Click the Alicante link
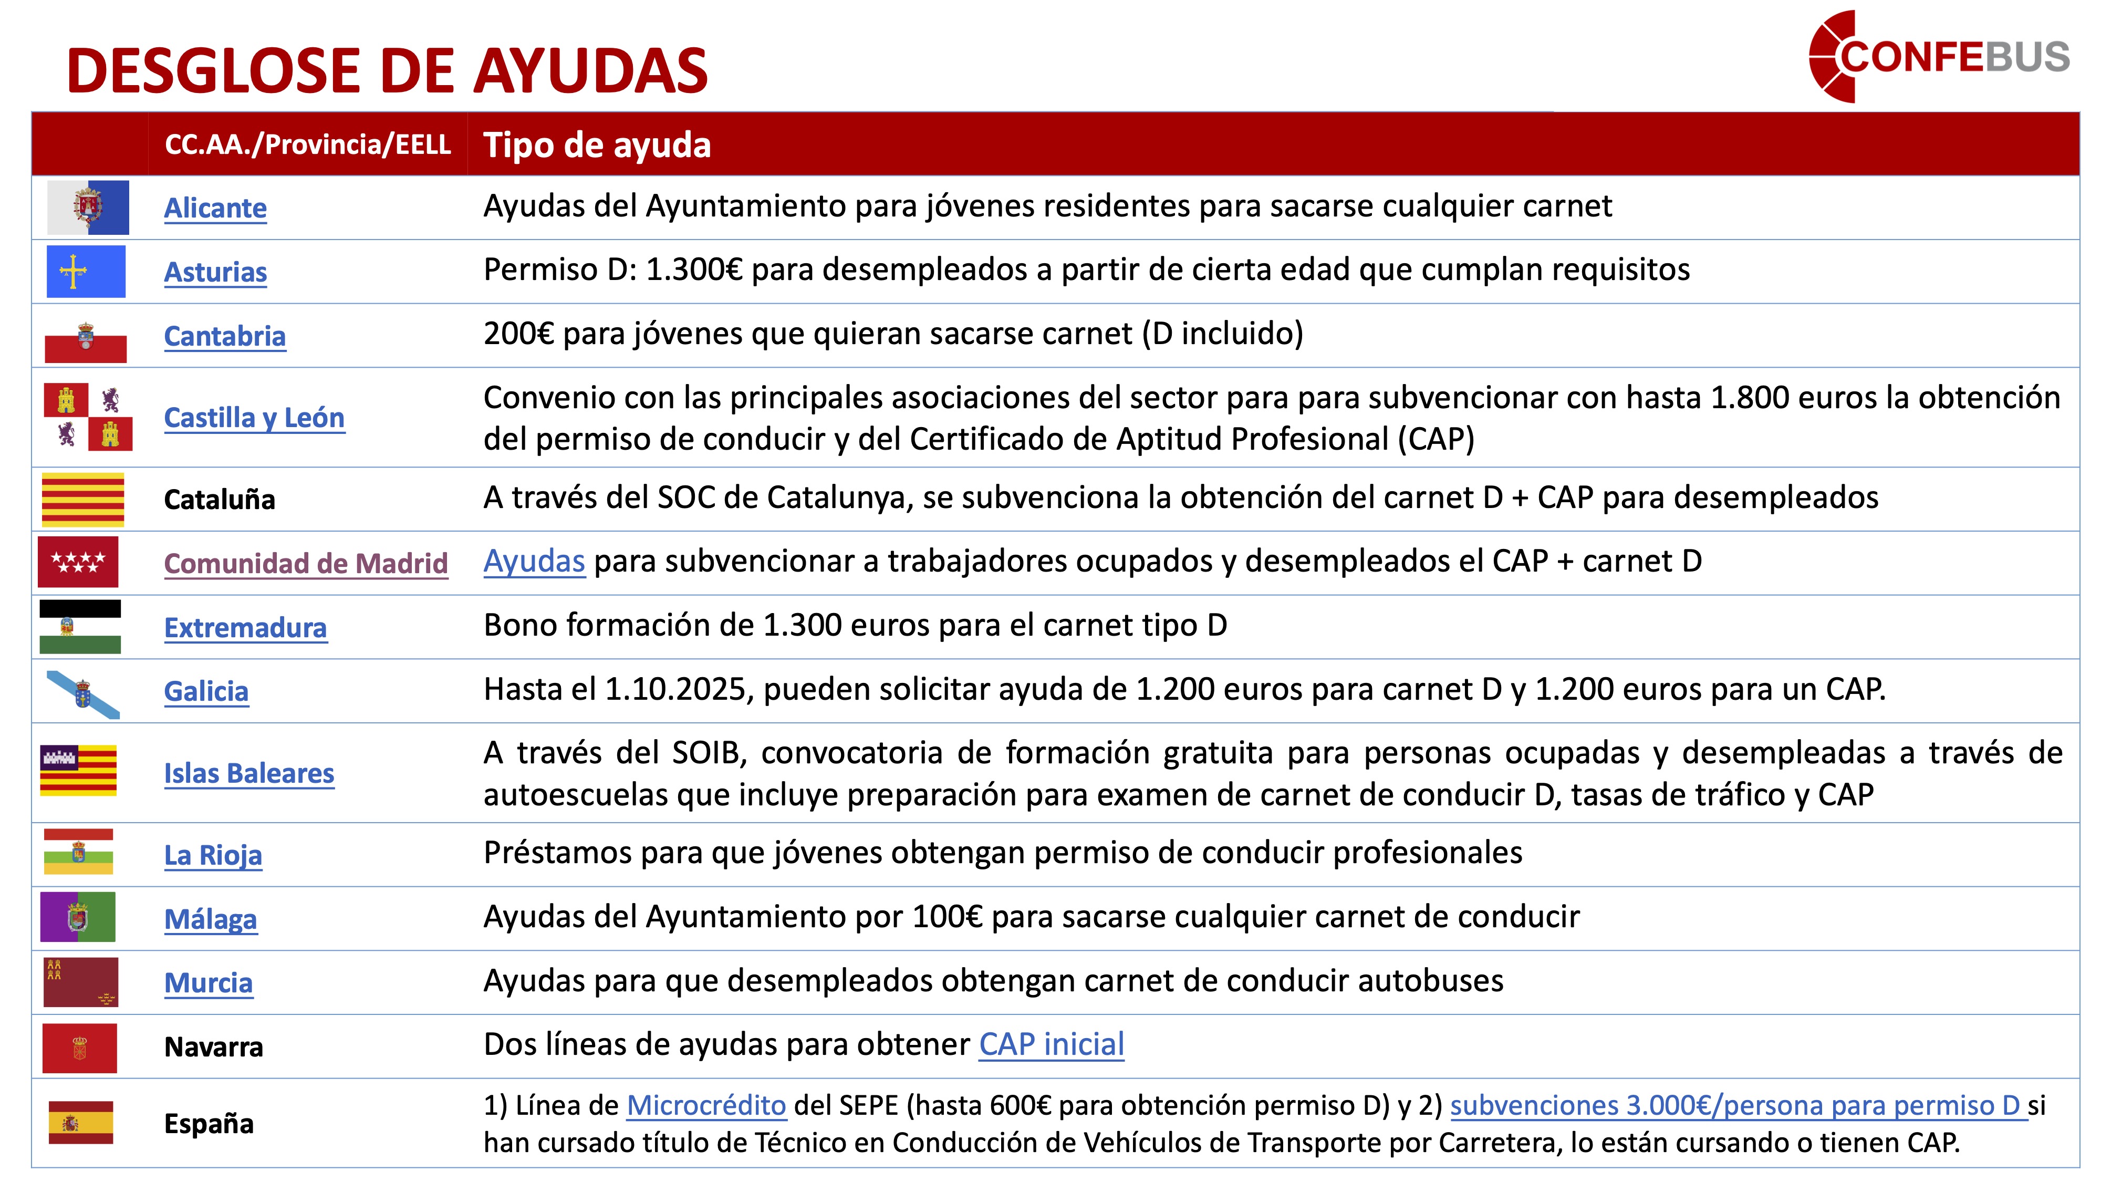click(215, 208)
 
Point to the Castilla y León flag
click(87, 417)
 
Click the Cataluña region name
click(220, 499)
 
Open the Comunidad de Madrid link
click(306, 563)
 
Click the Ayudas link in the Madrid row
click(534, 561)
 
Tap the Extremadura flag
click(80, 627)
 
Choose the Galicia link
click(206, 691)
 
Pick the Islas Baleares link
click(249, 772)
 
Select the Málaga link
click(211, 919)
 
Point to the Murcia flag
click(80, 982)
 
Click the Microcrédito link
click(706, 1105)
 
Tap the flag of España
click(81, 1123)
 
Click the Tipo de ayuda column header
click(597, 145)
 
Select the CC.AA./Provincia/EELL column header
click(307, 144)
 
